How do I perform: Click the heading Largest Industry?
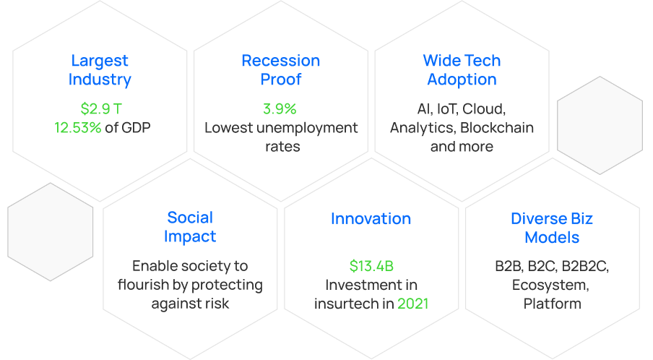(100, 69)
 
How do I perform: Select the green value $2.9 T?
(101, 108)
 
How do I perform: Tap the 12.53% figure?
(78, 127)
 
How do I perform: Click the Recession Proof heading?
(281, 69)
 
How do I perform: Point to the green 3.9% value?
(280, 108)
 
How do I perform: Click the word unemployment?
(307, 128)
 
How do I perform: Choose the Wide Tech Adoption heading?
(462, 69)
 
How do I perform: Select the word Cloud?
(484, 109)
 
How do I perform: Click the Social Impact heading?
(190, 227)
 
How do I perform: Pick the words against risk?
(190, 304)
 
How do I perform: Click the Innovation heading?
(371, 219)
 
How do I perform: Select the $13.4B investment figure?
(371, 266)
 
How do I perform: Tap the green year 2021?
(412, 304)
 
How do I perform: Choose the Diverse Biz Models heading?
(552, 228)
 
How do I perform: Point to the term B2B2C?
(585, 266)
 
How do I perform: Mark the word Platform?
(552, 304)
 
